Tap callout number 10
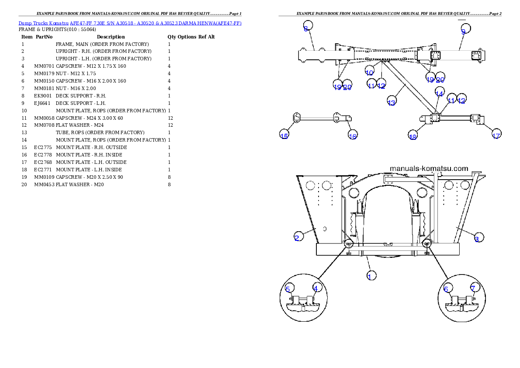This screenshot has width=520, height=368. pyautogui.click(x=369, y=72)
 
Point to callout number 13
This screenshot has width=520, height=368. pyautogui.click(x=392, y=102)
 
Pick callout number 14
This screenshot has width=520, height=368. pyautogui.click(x=439, y=93)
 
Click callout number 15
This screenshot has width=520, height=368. pyautogui.click(x=284, y=136)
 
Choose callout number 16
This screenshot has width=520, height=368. pyautogui.click(x=353, y=136)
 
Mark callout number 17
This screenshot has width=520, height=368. pyautogui.click(x=496, y=135)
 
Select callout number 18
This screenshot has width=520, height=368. pyautogui.click(x=413, y=136)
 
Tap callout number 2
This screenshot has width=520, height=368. pyautogui.click(x=297, y=238)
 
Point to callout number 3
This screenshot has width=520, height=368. pyautogui.click(x=477, y=239)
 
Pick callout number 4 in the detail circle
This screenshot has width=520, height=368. pyautogui.click(x=315, y=288)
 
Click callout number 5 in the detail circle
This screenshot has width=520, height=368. pyautogui.click(x=288, y=289)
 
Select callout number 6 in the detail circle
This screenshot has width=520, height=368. pyautogui.click(x=446, y=289)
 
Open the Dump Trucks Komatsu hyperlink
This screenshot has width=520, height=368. pyautogui.click(x=130, y=23)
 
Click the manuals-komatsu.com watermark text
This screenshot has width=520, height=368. pyautogui.click(x=429, y=168)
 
